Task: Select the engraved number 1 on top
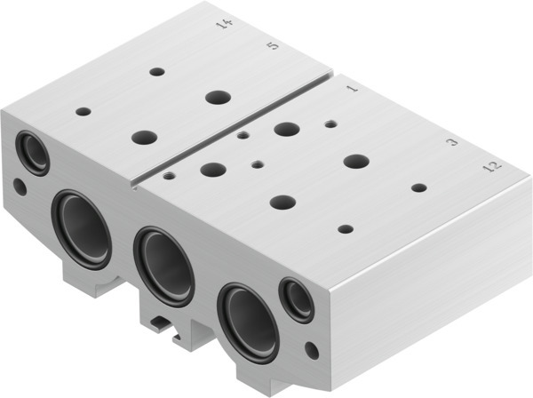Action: click(352, 89)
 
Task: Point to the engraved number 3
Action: click(452, 141)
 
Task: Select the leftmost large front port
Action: click(82, 227)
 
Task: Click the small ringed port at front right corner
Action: click(297, 299)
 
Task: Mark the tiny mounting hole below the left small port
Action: click(20, 187)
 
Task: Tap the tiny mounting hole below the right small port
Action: click(310, 349)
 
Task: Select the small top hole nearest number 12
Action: click(418, 187)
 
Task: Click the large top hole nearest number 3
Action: click(355, 161)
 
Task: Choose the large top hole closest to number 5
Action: click(216, 96)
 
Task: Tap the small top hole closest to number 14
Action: click(157, 71)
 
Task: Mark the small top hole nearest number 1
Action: click(330, 123)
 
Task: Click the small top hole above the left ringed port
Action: click(84, 112)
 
